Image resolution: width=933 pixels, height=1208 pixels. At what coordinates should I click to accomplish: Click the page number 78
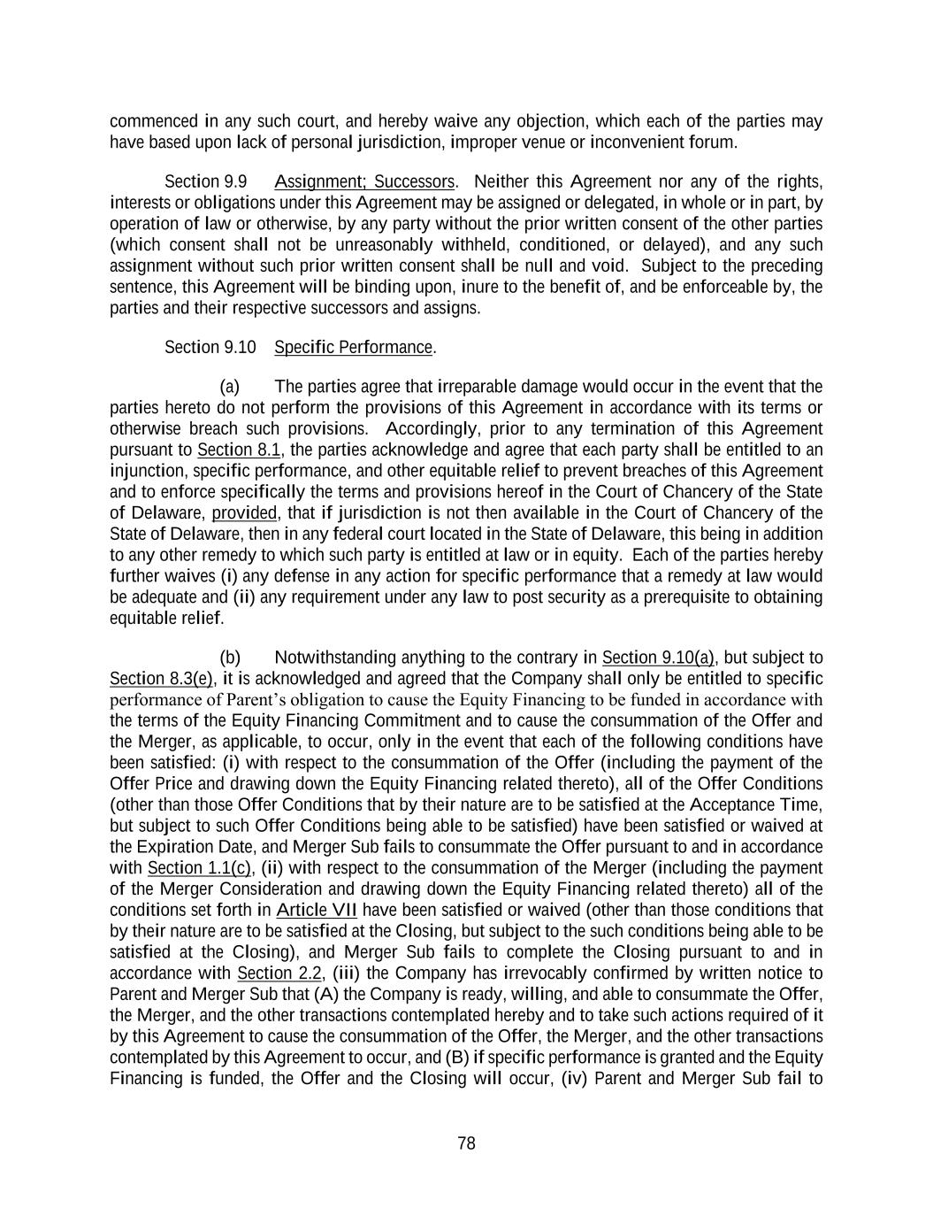[466, 1143]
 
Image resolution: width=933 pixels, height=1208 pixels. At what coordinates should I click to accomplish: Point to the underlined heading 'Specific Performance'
[354, 347]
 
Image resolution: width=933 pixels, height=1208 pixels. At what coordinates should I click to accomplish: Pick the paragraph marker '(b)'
[230, 658]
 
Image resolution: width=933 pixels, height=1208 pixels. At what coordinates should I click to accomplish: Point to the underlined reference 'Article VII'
[317, 910]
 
